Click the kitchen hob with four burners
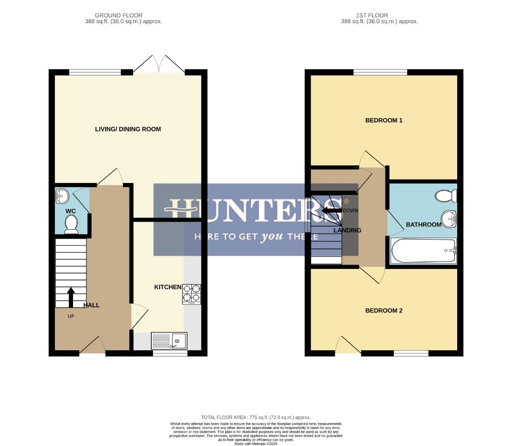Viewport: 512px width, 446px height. [x=191, y=294]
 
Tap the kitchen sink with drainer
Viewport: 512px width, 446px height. [x=169, y=341]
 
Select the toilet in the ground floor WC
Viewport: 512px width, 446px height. [x=71, y=225]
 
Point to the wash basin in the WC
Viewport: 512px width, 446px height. [x=62, y=196]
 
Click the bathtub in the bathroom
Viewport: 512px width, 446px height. [x=423, y=251]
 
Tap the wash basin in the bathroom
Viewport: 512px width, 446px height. [x=448, y=218]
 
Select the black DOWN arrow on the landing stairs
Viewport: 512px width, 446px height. [x=331, y=211]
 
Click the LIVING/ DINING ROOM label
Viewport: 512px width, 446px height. [x=128, y=129]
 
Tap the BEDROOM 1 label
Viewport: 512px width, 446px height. [x=384, y=121]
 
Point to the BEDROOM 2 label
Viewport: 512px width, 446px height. [x=384, y=311]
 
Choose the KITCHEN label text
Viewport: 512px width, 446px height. [x=168, y=287]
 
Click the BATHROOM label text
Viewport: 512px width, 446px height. [x=423, y=225]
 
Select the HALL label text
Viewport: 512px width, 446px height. [x=92, y=305]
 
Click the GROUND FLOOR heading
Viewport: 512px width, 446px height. [x=118, y=15]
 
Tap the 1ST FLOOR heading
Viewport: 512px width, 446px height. [x=372, y=15]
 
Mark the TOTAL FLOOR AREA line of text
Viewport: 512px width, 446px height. [x=256, y=418]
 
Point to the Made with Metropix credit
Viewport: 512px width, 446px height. [x=256, y=444]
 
